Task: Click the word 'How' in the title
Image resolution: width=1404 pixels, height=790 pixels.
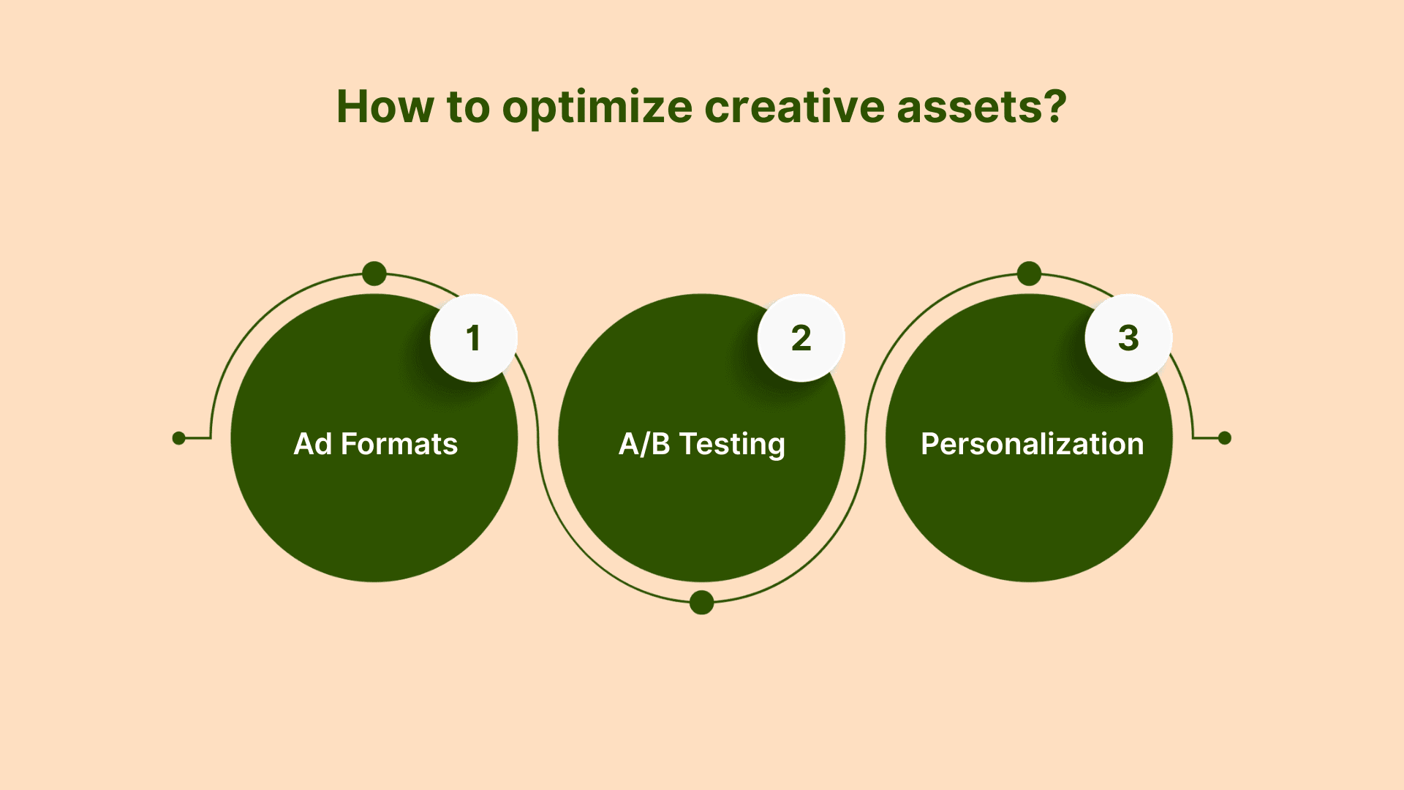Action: tap(385, 107)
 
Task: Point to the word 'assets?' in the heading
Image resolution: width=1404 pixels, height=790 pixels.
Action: tap(982, 108)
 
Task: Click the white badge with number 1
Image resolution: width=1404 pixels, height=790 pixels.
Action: tap(474, 338)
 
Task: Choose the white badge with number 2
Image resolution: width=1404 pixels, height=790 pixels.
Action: tap(801, 338)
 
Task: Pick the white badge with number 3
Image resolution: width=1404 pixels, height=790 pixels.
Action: tap(1129, 338)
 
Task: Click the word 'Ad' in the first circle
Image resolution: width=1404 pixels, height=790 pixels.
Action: tap(313, 444)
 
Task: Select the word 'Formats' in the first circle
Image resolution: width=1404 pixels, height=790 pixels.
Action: tap(399, 444)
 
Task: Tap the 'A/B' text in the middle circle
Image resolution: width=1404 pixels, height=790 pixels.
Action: tap(644, 444)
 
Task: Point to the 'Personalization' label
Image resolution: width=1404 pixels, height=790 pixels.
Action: tap(1032, 444)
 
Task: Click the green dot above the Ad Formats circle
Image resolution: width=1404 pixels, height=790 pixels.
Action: tap(374, 274)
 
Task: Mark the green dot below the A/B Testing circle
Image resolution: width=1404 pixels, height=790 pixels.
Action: tap(702, 602)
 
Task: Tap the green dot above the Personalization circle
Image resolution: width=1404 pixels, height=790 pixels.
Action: tap(1029, 274)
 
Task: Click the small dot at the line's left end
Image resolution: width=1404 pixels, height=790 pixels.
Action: tap(179, 438)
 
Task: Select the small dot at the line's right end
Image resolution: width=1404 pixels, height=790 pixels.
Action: tap(1225, 438)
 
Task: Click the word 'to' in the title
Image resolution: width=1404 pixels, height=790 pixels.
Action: tap(468, 108)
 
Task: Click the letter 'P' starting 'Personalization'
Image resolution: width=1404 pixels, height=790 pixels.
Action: tap(929, 444)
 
